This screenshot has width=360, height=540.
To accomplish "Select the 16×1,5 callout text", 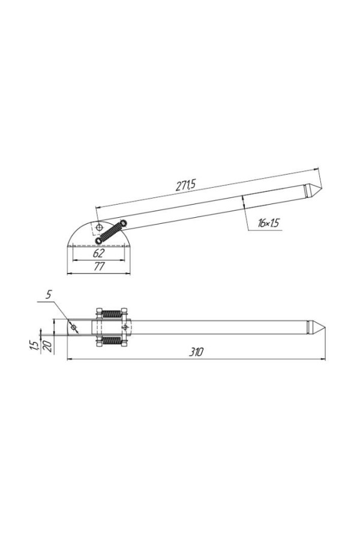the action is pyautogui.click(x=268, y=223).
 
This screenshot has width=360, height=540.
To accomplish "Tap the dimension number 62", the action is pyautogui.click(x=98, y=253).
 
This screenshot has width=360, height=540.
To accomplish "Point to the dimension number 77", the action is pyautogui.click(x=99, y=266).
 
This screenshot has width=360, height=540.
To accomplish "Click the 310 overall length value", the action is pyautogui.click(x=196, y=352).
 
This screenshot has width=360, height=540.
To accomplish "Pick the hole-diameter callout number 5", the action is pyautogui.click(x=49, y=294).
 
